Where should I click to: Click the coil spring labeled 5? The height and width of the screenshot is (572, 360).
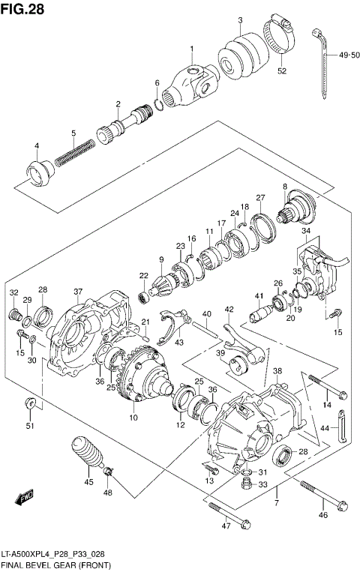pyautogui.click(x=74, y=155)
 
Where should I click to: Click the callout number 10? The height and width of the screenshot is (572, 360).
pyautogui.click(x=133, y=417)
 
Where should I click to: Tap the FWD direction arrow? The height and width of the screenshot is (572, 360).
pyautogui.click(x=25, y=496)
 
